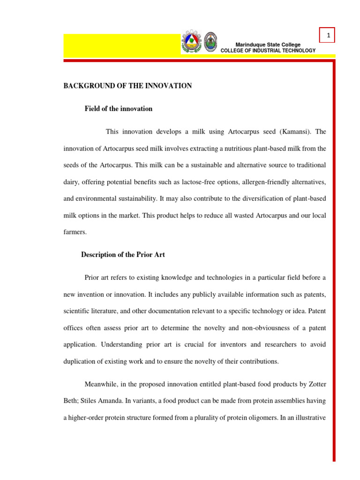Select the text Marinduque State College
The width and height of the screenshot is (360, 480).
[x=268, y=45]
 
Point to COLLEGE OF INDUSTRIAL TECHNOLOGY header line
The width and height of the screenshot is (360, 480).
[x=268, y=51]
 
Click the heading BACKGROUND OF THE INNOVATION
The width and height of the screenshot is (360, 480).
[x=127, y=86]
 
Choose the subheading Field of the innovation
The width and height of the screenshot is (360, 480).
[x=118, y=109]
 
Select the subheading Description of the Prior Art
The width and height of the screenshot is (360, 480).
[x=123, y=255]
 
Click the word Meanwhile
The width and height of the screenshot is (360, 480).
[x=103, y=384]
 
